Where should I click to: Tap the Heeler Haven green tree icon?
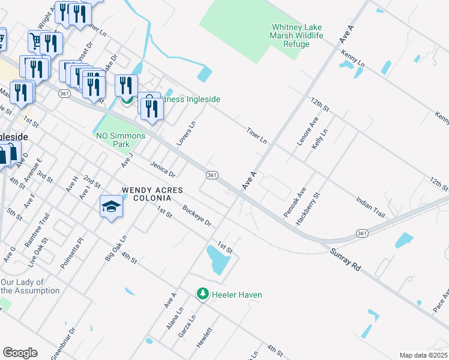coord(203,294)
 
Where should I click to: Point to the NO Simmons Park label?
coord(121,140)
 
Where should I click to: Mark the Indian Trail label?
coord(370,204)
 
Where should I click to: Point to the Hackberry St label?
coord(309,209)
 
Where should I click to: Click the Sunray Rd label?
coord(345,261)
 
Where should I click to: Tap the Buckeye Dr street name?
coord(197,217)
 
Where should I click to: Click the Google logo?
coord(20,353)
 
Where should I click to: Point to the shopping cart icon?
coord(35,41)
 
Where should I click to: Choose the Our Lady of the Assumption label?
coord(30,286)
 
